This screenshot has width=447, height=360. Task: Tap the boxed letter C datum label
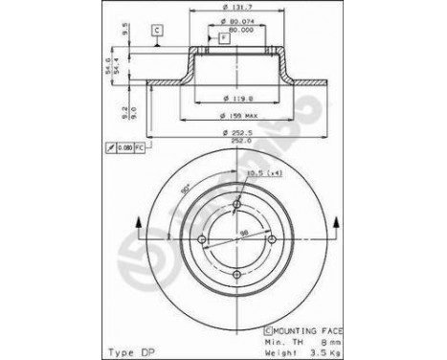point(154,32)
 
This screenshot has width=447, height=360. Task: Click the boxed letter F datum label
point(224,36)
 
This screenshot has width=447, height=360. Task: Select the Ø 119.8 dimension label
point(235,97)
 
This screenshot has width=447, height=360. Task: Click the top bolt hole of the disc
point(236,204)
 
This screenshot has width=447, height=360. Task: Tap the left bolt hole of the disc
point(202,239)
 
